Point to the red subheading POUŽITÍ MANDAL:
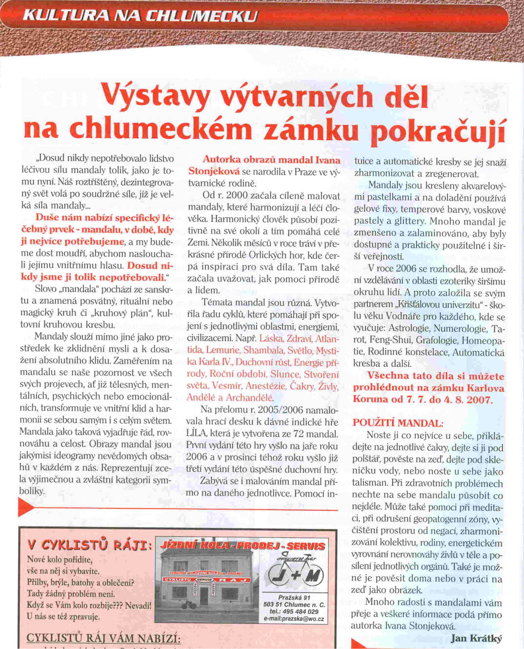pos(398,423)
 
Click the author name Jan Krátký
pos(476,638)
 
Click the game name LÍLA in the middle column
pos(196,434)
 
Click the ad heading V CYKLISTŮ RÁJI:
pos(90,545)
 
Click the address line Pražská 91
pos(294,597)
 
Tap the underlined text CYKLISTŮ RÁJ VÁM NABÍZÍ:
pos(103,639)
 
